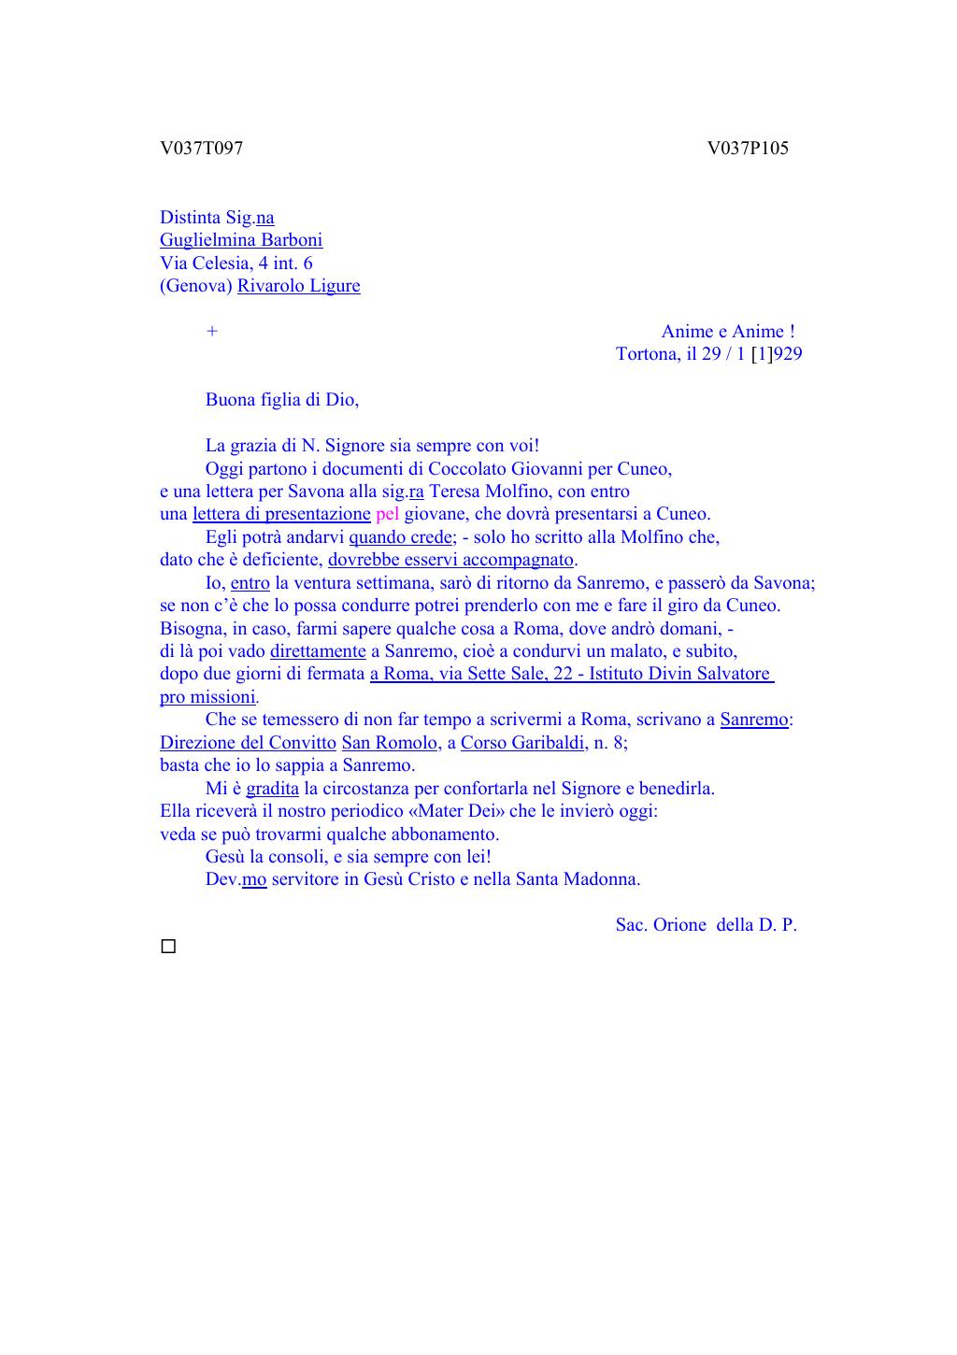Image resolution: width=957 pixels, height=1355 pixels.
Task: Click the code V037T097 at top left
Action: (x=201, y=149)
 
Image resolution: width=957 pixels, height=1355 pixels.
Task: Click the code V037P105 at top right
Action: (x=748, y=149)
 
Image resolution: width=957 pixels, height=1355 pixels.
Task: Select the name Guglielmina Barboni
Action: (x=241, y=240)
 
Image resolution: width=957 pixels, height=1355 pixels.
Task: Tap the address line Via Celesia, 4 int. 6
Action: (x=236, y=264)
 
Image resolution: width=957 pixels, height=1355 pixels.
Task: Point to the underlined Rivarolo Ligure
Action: (x=298, y=286)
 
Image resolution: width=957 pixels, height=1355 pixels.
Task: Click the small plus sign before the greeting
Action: (x=212, y=332)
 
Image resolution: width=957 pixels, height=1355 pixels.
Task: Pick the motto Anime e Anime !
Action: (x=728, y=332)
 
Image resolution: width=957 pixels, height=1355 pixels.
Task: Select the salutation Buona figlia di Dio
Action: (x=281, y=400)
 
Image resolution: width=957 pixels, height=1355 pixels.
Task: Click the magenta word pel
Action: (x=387, y=514)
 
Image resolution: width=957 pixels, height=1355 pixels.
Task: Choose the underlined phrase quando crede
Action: (x=401, y=537)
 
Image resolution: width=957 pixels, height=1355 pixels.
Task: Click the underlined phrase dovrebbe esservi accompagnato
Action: (x=450, y=560)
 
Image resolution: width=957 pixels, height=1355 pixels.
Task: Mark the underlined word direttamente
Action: (x=318, y=651)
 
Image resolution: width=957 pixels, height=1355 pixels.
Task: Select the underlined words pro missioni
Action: (x=207, y=697)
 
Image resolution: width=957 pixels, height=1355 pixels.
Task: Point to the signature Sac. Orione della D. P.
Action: (x=706, y=925)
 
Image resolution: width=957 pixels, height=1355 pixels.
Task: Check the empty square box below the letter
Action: (x=168, y=947)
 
